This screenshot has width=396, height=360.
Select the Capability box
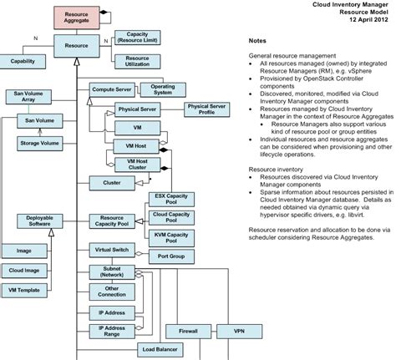(x=23, y=62)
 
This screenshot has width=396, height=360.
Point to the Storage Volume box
(x=40, y=144)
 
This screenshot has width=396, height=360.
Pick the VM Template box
(x=23, y=289)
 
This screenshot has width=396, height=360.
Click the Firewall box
(x=187, y=332)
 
